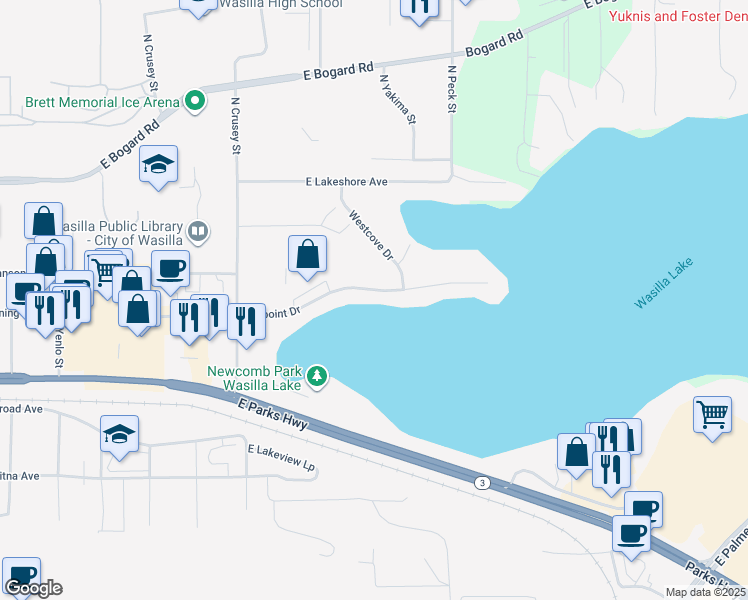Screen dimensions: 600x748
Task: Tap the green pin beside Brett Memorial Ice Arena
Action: (x=194, y=101)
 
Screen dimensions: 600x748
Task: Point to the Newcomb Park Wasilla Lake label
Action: (x=254, y=378)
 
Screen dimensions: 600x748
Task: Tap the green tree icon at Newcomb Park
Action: (x=317, y=377)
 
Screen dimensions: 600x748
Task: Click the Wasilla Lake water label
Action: (x=663, y=286)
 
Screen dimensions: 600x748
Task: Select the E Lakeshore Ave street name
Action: (x=346, y=182)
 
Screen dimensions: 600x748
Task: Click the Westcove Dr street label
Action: (x=372, y=236)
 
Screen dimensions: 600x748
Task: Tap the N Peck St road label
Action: (x=452, y=90)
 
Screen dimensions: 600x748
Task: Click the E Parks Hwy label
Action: (x=273, y=414)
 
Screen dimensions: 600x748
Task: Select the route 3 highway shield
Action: (x=483, y=483)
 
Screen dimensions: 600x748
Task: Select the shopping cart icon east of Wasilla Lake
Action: (x=712, y=413)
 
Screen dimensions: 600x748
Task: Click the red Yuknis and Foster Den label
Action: (x=677, y=16)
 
